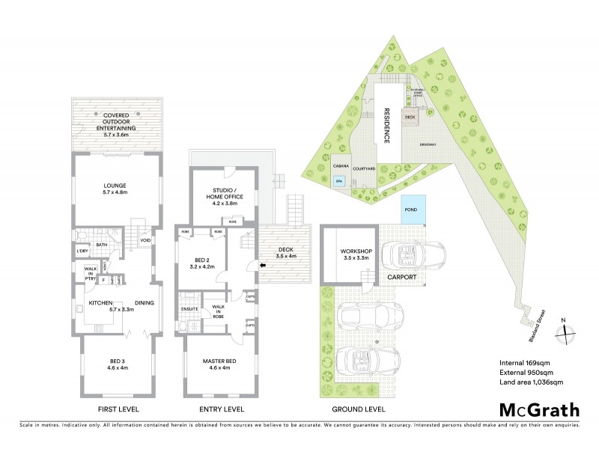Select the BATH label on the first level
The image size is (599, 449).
(101, 244)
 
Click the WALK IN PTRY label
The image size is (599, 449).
(90, 273)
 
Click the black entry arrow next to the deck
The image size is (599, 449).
(261, 263)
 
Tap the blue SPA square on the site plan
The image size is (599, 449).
(338, 181)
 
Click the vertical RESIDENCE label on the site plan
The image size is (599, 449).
(387, 124)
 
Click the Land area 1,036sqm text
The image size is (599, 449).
(531, 382)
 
